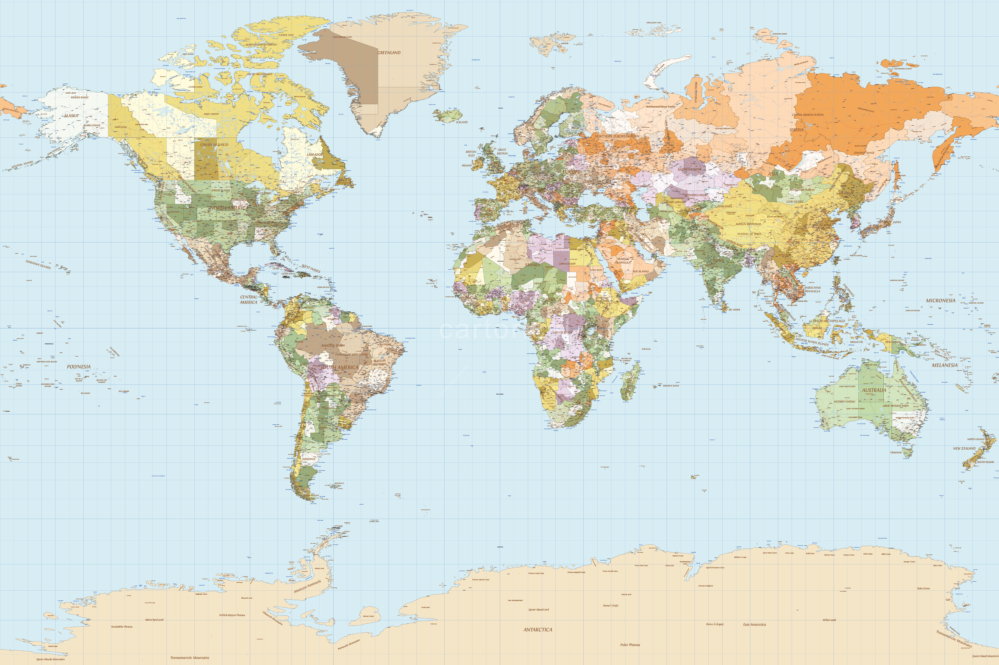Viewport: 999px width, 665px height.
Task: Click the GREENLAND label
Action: [389, 53]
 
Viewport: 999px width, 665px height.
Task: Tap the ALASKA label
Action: [71, 115]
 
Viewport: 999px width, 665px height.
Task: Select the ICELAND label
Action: [461, 122]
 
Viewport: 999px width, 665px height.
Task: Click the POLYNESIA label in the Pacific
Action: [79, 366]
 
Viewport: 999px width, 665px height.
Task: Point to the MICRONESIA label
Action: [940, 300]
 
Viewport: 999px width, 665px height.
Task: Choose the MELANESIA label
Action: [944, 365]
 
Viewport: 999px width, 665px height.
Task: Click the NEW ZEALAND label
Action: [964, 448]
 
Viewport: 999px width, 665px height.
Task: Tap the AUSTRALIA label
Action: [874, 390]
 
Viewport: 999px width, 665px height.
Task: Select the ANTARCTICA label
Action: [538, 630]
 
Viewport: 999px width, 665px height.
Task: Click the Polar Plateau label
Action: [630, 645]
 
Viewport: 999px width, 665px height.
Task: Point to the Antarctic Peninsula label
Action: [308, 586]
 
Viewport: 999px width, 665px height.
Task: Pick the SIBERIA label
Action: [796, 130]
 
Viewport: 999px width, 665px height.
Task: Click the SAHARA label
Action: [532, 265]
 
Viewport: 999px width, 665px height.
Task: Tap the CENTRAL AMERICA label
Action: [248, 299]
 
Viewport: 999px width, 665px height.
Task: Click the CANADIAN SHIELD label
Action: [214, 145]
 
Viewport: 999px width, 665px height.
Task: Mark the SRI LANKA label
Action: [734, 310]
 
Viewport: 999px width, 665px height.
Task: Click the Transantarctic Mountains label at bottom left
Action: [190, 658]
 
